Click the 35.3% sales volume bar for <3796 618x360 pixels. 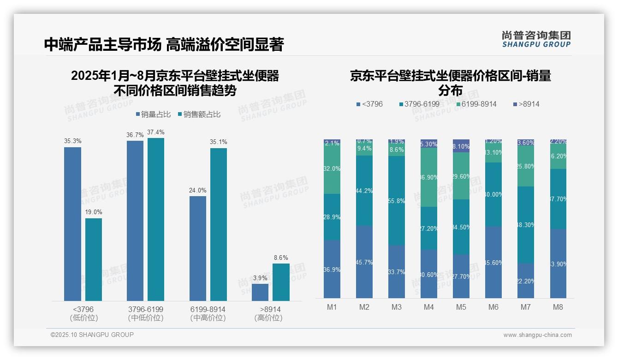(x=72, y=224)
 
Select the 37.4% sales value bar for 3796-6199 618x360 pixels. (x=156, y=219)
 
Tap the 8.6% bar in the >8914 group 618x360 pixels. (x=281, y=282)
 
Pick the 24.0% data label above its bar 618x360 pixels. (x=198, y=190)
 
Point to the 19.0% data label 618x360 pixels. (x=94, y=212)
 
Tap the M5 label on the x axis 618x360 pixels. (x=461, y=307)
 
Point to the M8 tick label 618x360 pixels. (x=558, y=307)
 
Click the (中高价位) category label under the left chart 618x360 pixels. (x=208, y=318)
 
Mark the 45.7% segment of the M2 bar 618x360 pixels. (x=364, y=262)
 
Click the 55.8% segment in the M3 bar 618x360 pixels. (x=397, y=200)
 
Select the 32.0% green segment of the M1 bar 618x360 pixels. (x=332, y=169)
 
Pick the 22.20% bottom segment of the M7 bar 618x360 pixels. (x=526, y=281)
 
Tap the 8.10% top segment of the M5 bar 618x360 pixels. (x=461, y=146)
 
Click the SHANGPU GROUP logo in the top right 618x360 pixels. (x=536, y=39)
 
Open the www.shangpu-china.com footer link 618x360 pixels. (x=537, y=335)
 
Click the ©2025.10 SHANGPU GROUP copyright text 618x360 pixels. (x=92, y=335)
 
